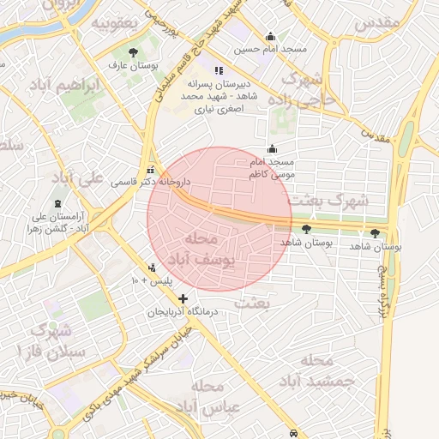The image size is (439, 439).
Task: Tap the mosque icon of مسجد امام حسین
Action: [271, 36]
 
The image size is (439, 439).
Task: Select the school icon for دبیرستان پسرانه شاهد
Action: [219, 70]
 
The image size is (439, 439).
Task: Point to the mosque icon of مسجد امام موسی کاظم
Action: [272, 148]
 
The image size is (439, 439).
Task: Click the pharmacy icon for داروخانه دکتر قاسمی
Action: [152, 169]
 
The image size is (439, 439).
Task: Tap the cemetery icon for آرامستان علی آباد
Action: [57, 203]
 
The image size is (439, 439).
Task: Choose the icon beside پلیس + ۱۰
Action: [153, 268]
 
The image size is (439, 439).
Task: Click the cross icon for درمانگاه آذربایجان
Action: [183, 298]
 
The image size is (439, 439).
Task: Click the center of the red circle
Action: [219, 219]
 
